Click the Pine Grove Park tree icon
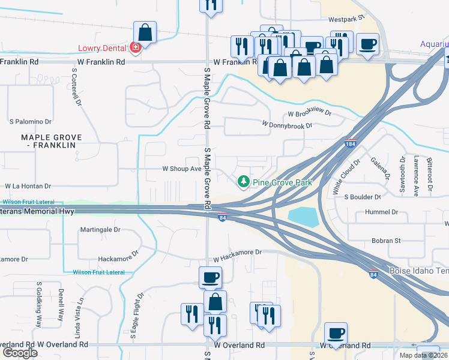point(243,181)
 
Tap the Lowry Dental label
point(103,48)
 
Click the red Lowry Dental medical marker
point(136,48)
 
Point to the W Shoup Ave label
point(182,169)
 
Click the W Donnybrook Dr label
point(287,125)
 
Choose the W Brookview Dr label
point(309,113)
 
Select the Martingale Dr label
point(100,229)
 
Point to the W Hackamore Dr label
point(238,253)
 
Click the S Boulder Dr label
point(362,197)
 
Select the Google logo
point(20,353)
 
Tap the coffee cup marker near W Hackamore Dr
point(210,277)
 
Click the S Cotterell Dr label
point(76,87)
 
